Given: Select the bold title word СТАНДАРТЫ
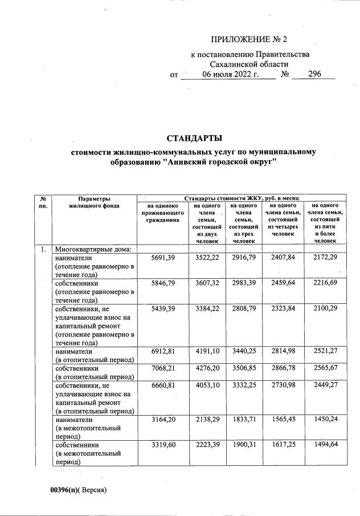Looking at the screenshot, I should click(x=193, y=139).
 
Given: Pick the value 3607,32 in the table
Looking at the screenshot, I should click(x=208, y=282).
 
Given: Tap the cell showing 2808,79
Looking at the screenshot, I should click(x=243, y=308).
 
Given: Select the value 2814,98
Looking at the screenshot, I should click(x=281, y=352).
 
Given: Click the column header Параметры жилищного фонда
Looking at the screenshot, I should click(x=94, y=201).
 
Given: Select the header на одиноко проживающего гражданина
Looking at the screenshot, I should click(x=163, y=212).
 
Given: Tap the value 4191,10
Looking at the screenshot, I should click(x=208, y=352).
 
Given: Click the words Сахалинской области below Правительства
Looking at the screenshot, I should click(x=250, y=64).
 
